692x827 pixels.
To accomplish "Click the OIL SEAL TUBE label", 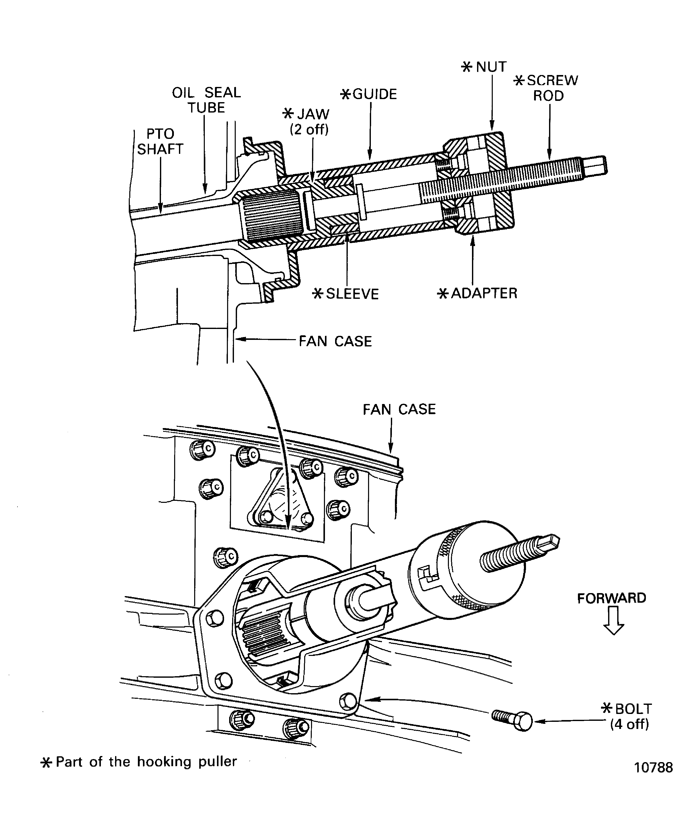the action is pyautogui.click(x=206, y=100).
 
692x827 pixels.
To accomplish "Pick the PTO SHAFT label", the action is pyautogui.click(x=160, y=141).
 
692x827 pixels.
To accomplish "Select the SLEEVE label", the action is pyautogui.click(x=346, y=294).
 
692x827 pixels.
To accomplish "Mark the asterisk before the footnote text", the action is pyautogui.click(x=46, y=763).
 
